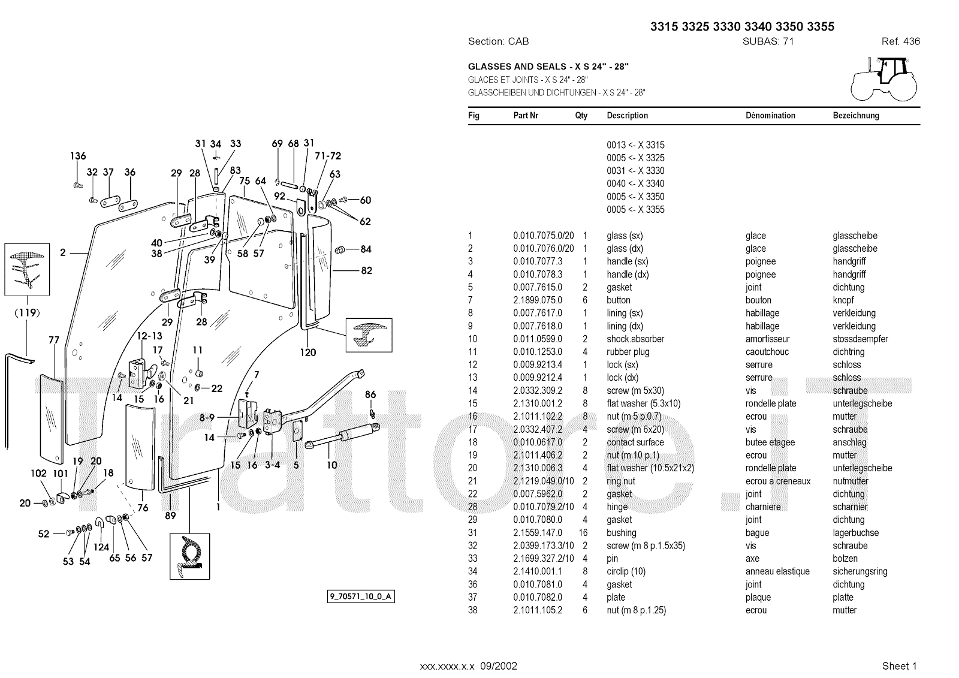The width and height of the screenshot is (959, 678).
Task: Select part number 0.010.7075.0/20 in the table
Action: (543, 236)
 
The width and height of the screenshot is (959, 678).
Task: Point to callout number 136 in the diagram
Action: (78, 156)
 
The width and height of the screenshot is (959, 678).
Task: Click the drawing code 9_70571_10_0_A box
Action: (361, 596)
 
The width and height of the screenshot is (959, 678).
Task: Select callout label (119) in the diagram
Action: (28, 312)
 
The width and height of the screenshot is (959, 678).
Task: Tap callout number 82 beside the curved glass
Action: (366, 270)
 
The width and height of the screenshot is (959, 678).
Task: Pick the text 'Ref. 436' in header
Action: (900, 41)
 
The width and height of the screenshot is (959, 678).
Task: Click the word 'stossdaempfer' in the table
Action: (860, 339)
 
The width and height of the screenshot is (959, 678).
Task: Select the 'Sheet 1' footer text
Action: (899, 665)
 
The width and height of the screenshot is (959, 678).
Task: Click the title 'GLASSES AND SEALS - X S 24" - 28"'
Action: (548, 67)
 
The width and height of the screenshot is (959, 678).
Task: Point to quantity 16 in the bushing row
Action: (583, 532)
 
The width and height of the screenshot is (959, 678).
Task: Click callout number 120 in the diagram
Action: (307, 352)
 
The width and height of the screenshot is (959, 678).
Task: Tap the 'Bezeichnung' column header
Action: (855, 116)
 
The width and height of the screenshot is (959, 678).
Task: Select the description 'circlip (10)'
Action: (626, 571)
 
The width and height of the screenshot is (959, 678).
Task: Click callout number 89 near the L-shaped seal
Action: (170, 516)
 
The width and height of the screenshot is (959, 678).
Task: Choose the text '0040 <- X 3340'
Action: (635, 183)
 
